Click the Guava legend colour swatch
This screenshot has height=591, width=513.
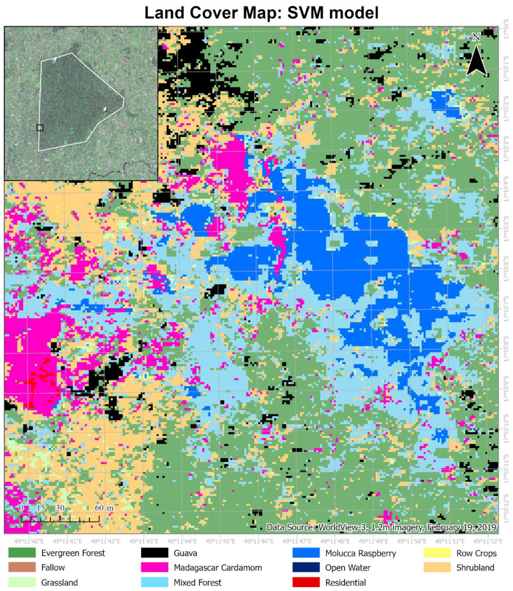point(155,553)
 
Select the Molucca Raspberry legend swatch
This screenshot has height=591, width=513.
point(306,553)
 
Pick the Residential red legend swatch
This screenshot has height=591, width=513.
point(306,582)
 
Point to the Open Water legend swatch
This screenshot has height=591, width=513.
point(306,568)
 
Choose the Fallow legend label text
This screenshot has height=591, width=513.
point(53,568)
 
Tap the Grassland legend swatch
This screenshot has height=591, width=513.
point(22,582)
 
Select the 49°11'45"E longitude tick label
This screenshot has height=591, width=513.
point(220,542)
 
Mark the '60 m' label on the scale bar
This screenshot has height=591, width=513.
point(104,508)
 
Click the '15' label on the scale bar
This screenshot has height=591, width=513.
point(41,508)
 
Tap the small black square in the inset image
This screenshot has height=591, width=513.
point(40,128)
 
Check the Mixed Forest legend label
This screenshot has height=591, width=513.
point(198,582)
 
